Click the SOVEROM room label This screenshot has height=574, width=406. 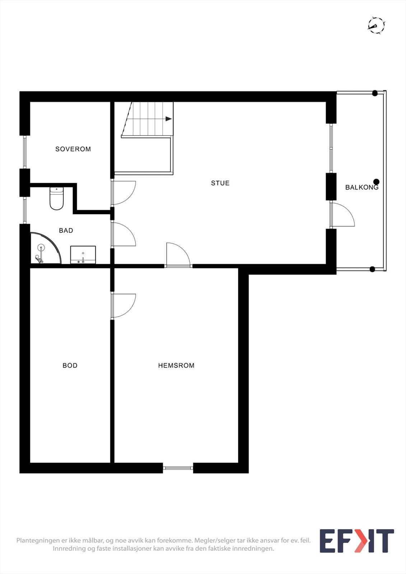coord(73,149)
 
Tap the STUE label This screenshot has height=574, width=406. coord(220,183)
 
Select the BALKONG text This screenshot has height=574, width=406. coord(361,187)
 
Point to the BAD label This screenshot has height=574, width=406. coord(66,230)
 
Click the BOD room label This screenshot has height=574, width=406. coord(70,366)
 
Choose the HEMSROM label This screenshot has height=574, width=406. coord(176,366)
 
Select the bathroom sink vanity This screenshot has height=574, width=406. coord(83,254)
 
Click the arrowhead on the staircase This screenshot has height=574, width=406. coord(168,119)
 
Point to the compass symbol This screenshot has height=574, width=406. coord(376,25)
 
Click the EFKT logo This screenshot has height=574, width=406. coord(356,541)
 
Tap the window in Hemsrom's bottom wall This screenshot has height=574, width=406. coord(178,468)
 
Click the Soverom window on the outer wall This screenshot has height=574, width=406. coord(25,152)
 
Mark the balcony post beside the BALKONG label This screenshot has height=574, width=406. coord(376,182)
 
